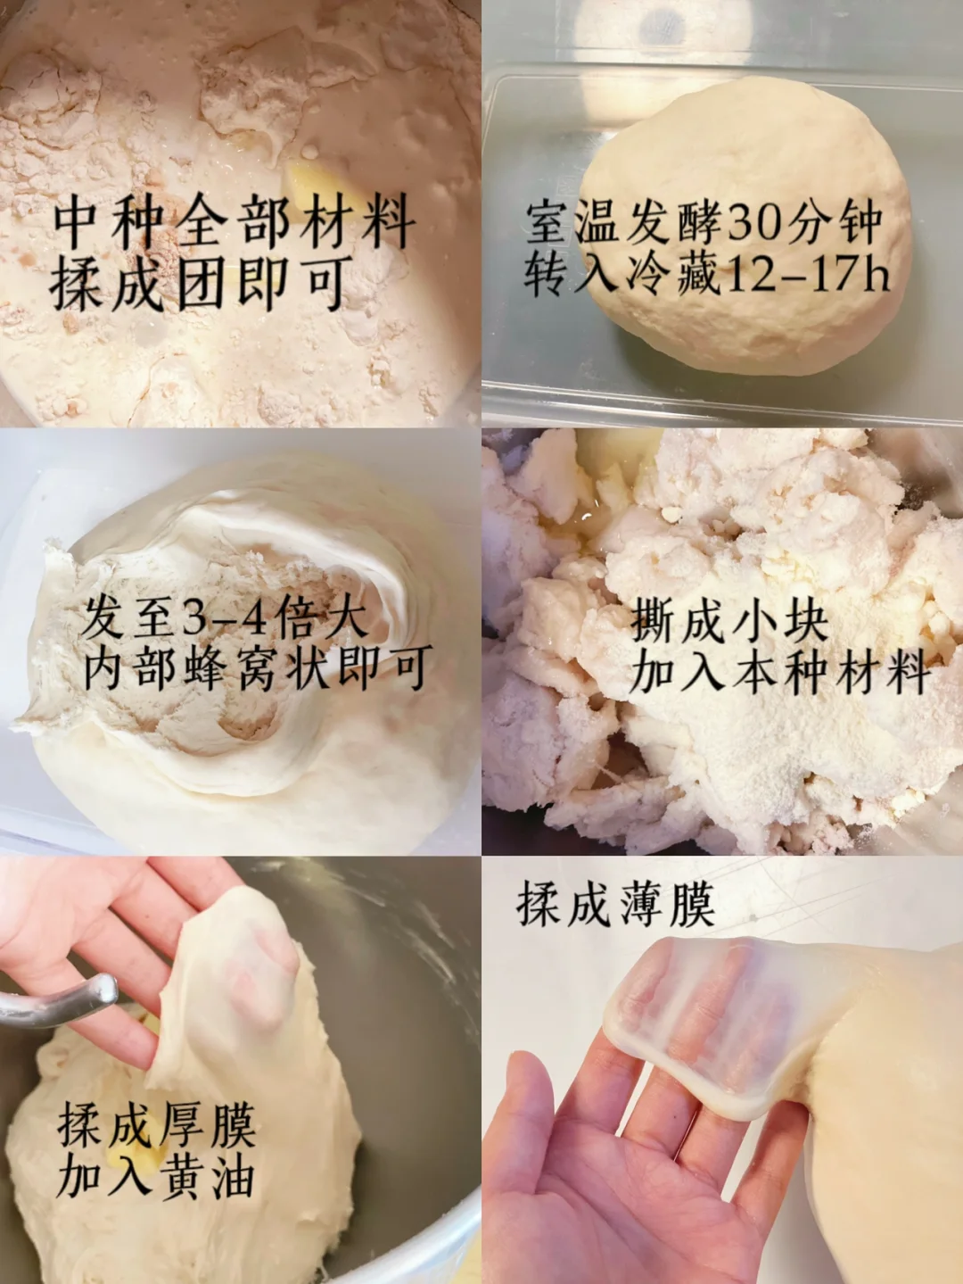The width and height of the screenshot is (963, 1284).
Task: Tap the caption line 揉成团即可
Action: (198, 284)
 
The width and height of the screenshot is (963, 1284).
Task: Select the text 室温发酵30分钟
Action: (704, 222)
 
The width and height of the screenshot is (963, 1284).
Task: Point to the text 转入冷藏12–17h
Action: (706, 274)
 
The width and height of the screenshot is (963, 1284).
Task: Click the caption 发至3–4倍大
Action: (225, 617)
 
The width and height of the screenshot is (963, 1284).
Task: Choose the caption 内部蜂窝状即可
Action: (257, 667)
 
